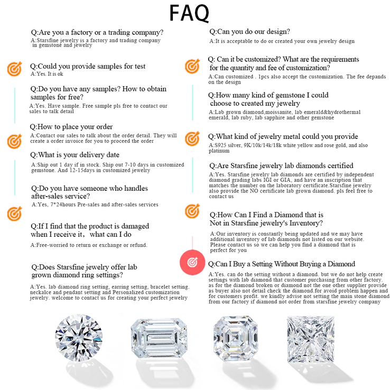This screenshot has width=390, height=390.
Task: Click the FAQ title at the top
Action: pyautogui.click(x=189, y=13)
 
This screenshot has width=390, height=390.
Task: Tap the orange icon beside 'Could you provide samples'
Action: pyautogui.click(x=14, y=69)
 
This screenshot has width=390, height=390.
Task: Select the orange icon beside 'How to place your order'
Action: pyautogui.click(x=14, y=141)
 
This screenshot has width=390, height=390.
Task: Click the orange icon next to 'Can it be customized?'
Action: pyautogui.click(x=192, y=67)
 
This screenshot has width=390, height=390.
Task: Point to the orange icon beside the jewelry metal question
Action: pyautogui.click(x=192, y=139)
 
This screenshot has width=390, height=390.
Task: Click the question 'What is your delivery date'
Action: pyautogui.click(x=75, y=155)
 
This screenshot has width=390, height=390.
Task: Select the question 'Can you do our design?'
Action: pyautogui.click(x=249, y=32)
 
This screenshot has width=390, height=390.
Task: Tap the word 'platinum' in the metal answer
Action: pyautogui.click(x=220, y=151)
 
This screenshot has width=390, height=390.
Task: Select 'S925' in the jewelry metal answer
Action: pyautogui.click(x=218, y=145)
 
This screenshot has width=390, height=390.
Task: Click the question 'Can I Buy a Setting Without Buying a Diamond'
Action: pyautogui.click(x=282, y=264)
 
